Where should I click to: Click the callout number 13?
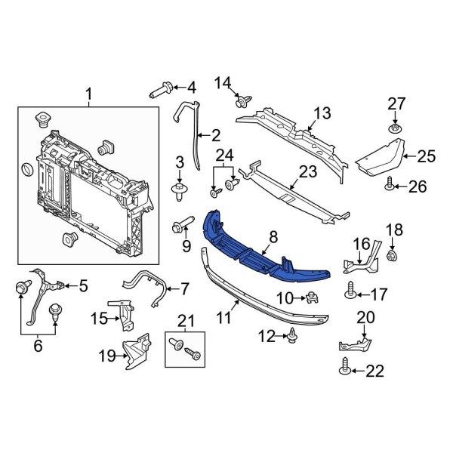[322, 113]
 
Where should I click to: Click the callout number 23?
[307, 172]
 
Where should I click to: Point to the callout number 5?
[83, 285]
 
